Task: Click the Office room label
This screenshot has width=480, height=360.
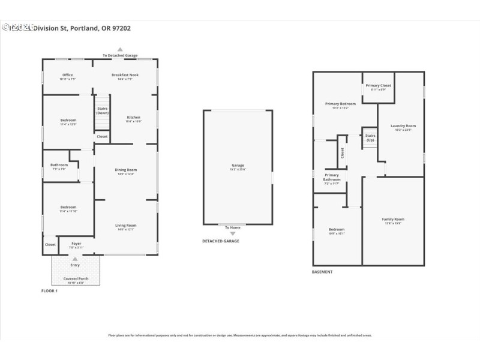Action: (x=67, y=75)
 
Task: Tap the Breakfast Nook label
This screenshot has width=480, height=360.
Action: (x=125, y=75)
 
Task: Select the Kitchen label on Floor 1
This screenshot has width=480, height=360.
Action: (x=133, y=117)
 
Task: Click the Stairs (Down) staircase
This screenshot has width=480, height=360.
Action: (x=103, y=111)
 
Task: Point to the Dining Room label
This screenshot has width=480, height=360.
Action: (x=126, y=170)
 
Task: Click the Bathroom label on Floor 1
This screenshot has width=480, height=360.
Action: (x=59, y=165)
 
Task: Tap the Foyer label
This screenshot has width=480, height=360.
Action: (x=76, y=244)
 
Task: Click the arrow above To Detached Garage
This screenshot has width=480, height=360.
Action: (x=120, y=49)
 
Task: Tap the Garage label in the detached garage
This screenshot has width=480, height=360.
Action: (x=238, y=165)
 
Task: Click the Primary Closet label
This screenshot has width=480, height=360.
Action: (x=378, y=86)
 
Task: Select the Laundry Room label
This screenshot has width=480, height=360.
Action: (x=403, y=126)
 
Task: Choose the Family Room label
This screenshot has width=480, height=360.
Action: (x=393, y=220)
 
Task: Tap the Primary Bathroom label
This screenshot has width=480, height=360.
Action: (x=331, y=177)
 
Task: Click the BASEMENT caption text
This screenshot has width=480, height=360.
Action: (x=322, y=272)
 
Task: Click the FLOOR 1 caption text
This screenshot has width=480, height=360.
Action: (x=49, y=291)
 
